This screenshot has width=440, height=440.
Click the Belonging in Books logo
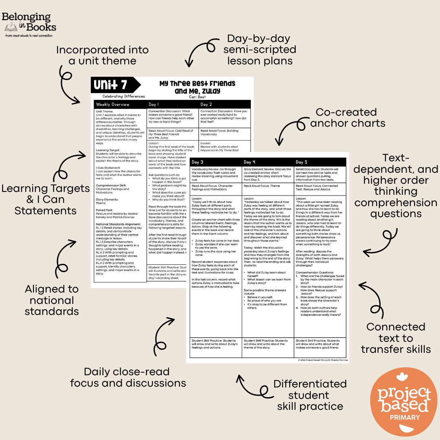click(x=29, y=24)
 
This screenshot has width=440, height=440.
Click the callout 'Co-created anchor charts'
click(x=348, y=117)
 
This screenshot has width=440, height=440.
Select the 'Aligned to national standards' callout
click(x=52, y=300)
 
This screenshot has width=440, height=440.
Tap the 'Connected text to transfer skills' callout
click(x=395, y=338)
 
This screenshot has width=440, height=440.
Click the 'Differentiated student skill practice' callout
click(x=310, y=395)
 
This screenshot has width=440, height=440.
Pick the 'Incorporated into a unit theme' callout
click(x=102, y=55)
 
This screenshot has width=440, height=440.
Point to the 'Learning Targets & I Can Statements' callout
click(x=45, y=199)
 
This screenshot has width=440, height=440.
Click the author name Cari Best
click(x=198, y=97)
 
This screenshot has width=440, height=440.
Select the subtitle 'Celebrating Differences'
click(x=123, y=97)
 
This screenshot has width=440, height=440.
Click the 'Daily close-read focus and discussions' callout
click(x=128, y=377)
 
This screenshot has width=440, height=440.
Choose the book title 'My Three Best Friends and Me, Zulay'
click(x=198, y=87)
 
